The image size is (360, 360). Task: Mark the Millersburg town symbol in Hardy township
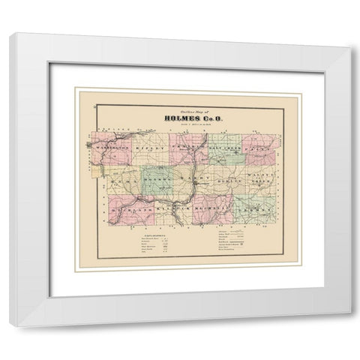(x=196, y=183)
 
